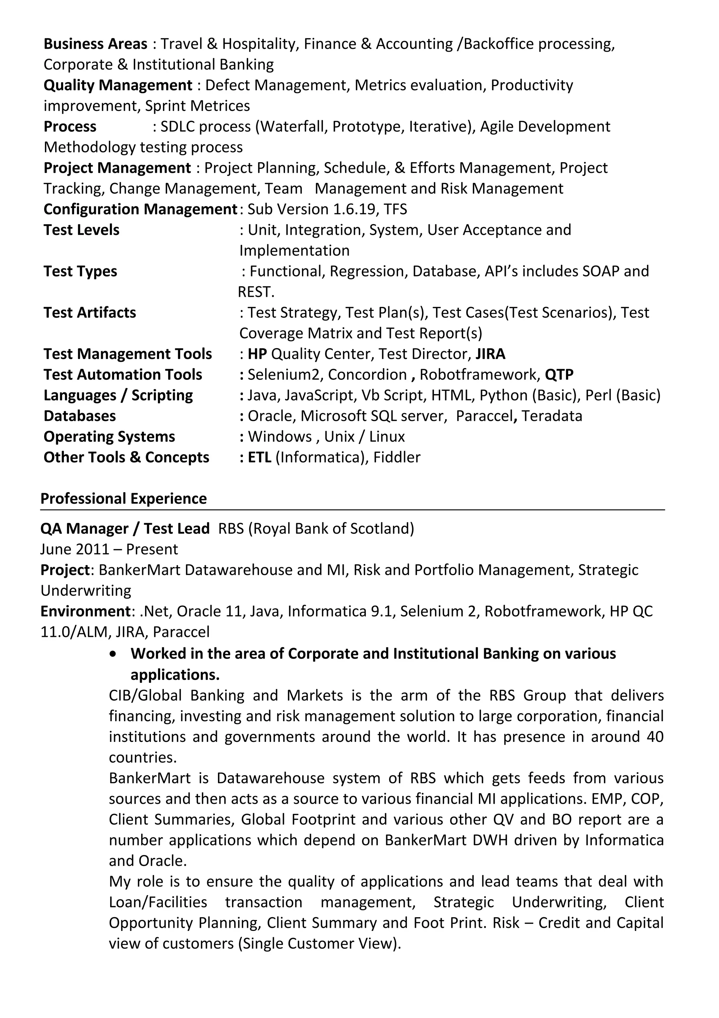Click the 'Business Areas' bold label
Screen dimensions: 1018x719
[95, 44]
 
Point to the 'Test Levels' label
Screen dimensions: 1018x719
[81, 230]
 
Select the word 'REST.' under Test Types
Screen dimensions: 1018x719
[256, 292]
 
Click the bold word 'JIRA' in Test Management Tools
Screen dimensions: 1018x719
[490, 354]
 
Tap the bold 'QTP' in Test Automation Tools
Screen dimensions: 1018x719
[559, 375]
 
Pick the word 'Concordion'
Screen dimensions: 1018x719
[367, 375]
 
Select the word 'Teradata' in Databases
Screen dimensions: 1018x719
[552, 416]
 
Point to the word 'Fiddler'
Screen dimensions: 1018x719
[396, 458]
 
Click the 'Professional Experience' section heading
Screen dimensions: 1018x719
[124, 499]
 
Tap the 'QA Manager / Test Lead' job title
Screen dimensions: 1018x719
[125, 529]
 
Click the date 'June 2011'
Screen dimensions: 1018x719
[74, 550]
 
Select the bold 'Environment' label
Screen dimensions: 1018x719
[86, 612]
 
